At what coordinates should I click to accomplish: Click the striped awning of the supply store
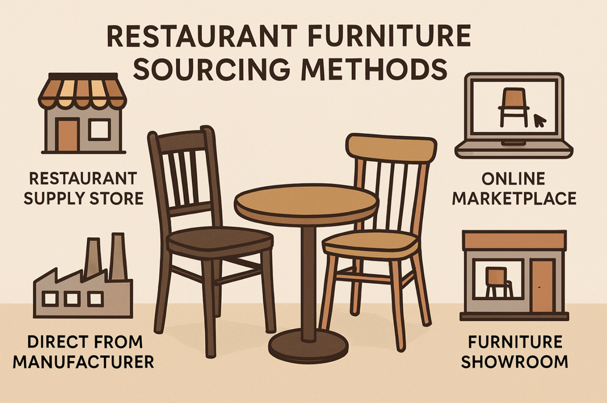pyautogui.click(x=82, y=90)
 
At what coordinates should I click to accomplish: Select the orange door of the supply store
pyautogui.click(x=68, y=135)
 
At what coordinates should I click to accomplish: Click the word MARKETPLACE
pyautogui.click(x=514, y=198)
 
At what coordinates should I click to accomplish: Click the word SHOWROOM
pyautogui.click(x=514, y=362)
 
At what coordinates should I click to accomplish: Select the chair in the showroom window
pyautogui.click(x=498, y=282)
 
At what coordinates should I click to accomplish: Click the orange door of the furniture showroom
pyautogui.click(x=542, y=286)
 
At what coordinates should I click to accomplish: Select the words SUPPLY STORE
pyautogui.click(x=84, y=198)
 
